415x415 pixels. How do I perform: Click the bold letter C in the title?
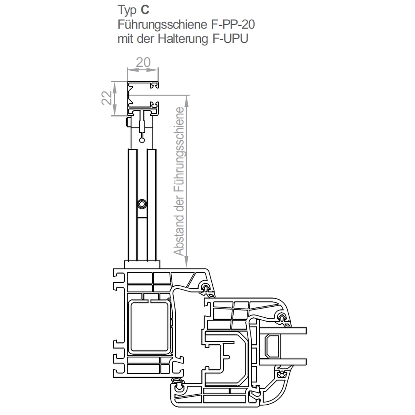point(145,10)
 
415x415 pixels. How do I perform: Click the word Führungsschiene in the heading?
point(163,25)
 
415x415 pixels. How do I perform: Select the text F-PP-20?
point(233,25)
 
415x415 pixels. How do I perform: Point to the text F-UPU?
point(230,39)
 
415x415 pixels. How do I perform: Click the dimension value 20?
point(143,63)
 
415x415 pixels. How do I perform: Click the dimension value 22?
point(107,98)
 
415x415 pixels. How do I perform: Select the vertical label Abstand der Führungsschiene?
point(179,181)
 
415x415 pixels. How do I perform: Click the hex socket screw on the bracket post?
point(142,204)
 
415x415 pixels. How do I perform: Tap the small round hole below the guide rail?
point(142,140)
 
